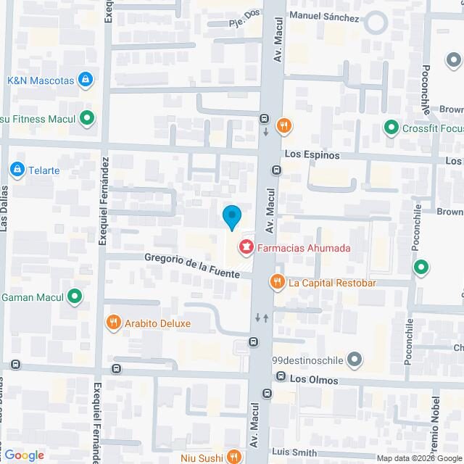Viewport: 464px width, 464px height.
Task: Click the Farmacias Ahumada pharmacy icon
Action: pyautogui.click(x=246, y=248)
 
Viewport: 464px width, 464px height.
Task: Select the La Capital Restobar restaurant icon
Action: pyautogui.click(x=276, y=282)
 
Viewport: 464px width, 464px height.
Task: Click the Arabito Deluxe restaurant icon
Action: pyautogui.click(x=112, y=323)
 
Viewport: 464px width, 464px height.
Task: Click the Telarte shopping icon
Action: pyautogui.click(x=17, y=170)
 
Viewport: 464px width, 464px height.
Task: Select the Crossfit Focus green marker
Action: pyautogui.click(x=391, y=128)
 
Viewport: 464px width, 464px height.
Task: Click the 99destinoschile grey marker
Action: pyautogui.click(x=355, y=360)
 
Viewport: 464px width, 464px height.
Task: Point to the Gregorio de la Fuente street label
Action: pyautogui.click(x=191, y=263)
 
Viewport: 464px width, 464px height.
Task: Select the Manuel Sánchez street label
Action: pyautogui.click(x=323, y=16)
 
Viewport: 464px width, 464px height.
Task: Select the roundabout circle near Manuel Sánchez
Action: pyautogui.click(x=376, y=22)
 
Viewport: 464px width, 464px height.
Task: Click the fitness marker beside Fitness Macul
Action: pyautogui.click(x=87, y=117)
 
